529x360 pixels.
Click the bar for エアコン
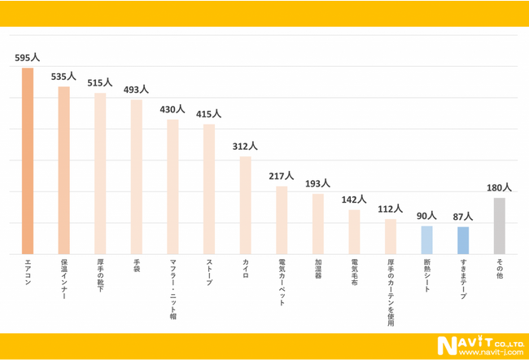[x=28, y=160]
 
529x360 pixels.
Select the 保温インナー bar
[x=64, y=170]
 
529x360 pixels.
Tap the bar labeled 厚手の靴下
[x=100, y=173]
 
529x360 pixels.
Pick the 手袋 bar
[x=137, y=177]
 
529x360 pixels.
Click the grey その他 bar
[x=499, y=226]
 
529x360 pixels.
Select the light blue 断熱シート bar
[x=426, y=239]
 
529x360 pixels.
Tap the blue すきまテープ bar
[x=463, y=240]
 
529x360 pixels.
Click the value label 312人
[x=245, y=147]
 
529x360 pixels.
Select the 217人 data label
[x=282, y=176]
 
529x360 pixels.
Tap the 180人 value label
[x=499, y=187]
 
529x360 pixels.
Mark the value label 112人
[x=391, y=209]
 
